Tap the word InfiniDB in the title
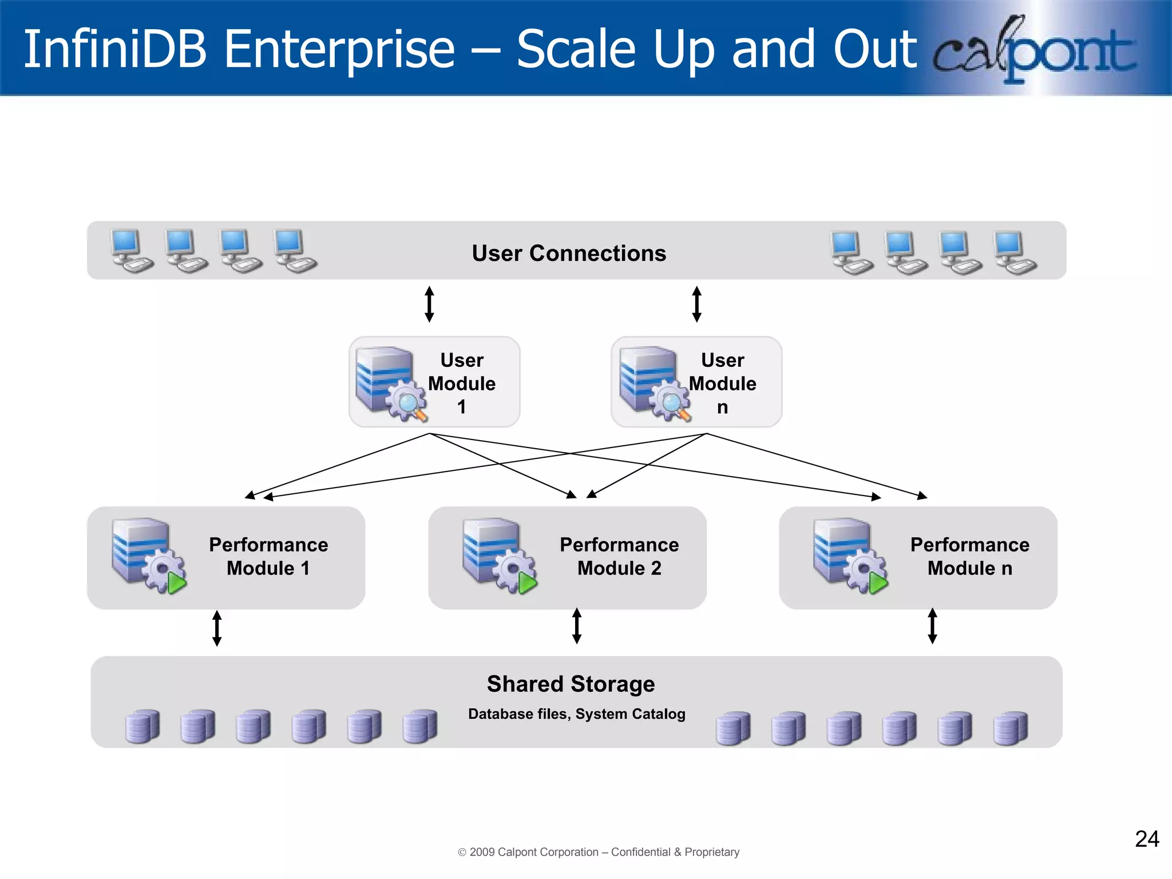114,49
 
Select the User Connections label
569,253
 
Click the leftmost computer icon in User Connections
131,250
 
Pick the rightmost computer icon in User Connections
1015,252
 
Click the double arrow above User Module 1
429,304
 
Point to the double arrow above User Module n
696,304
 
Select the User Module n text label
722,383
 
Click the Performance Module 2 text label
619,556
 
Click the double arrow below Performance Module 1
217,628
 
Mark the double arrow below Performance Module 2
577,625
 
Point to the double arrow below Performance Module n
932,625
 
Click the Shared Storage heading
571,684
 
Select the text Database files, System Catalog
576,714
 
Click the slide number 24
1147,839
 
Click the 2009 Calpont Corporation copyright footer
599,852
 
